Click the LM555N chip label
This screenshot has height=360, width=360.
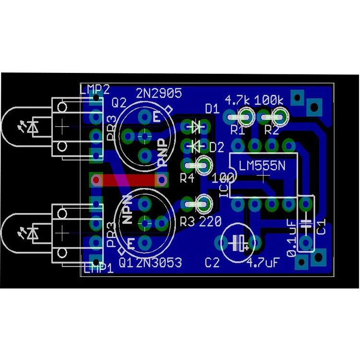pyautogui.click(x=262, y=166)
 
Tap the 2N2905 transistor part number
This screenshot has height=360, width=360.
pyautogui.click(x=159, y=93)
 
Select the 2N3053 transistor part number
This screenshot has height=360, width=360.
pyautogui.click(x=159, y=263)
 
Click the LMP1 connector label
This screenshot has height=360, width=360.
pyautogui.click(x=98, y=268)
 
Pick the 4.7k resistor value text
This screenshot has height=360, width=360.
pyautogui.click(x=237, y=100)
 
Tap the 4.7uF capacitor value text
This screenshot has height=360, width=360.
pyautogui.click(x=263, y=263)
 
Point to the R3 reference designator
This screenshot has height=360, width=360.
pyautogui.click(x=187, y=222)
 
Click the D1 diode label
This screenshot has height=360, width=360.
pyautogui.click(x=212, y=109)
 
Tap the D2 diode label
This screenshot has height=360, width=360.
pyautogui.click(x=217, y=147)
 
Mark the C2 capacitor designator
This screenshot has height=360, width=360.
pyautogui.click(x=212, y=263)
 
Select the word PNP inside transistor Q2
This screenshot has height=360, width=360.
pyautogui.click(x=164, y=153)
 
